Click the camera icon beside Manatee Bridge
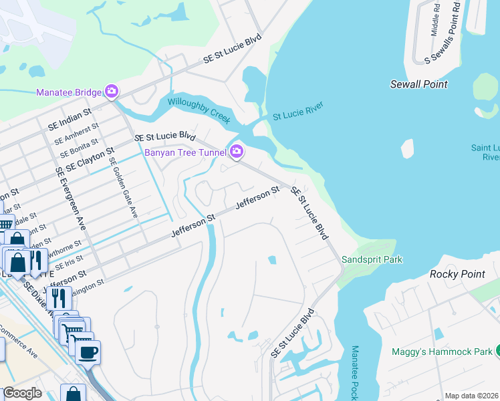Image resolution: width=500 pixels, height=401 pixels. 112,91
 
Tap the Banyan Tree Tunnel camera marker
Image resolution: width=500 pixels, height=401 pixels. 236,152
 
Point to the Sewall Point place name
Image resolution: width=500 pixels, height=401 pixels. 418,84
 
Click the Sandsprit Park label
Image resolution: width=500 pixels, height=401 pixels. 372,259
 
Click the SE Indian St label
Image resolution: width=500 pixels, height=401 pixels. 69,119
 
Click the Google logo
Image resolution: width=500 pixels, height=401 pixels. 22,393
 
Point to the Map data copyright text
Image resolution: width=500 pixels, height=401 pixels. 472,396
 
